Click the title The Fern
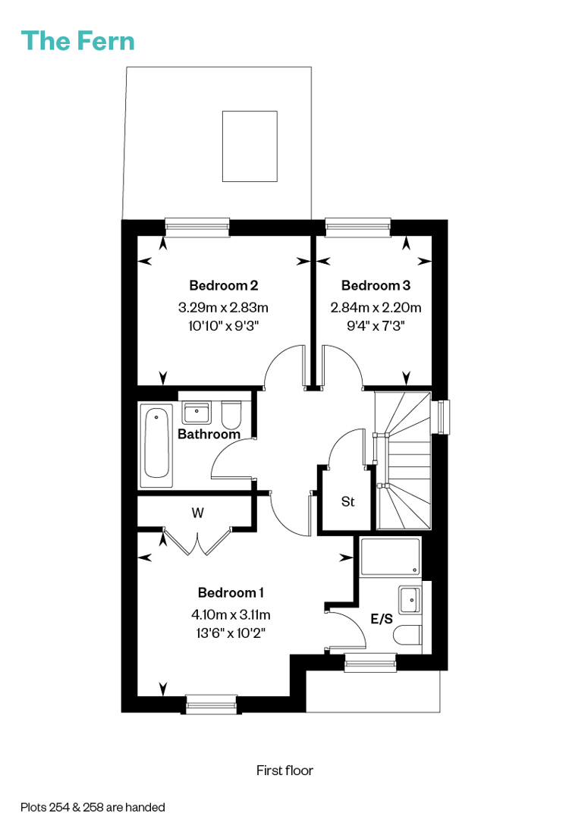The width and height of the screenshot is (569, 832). [x=77, y=41]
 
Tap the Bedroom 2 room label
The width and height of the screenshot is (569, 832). [x=224, y=285]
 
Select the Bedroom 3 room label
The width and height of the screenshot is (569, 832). [x=376, y=285]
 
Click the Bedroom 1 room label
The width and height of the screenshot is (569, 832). [x=231, y=592]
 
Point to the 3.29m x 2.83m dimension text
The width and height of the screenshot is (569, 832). [x=224, y=307]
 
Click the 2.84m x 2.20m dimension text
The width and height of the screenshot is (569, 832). [x=376, y=307]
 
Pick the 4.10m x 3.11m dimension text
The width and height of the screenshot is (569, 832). [x=231, y=614]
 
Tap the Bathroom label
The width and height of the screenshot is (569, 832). [x=209, y=434]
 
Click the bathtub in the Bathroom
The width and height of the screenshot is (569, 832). [x=156, y=444]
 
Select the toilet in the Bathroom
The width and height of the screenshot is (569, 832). [x=231, y=415]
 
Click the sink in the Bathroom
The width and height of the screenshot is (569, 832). [x=196, y=413]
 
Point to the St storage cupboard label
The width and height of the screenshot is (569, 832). [x=347, y=501]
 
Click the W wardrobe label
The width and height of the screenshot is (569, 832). [x=197, y=513]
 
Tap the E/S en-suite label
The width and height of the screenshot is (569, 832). [x=382, y=619]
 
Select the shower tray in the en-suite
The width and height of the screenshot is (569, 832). [x=390, y=557]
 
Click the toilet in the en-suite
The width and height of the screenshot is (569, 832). [x=409, y=635]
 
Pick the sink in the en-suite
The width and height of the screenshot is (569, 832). [x=410, y=600]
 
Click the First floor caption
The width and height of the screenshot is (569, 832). [x=284, y=771]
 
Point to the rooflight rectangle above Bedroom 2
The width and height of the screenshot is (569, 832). [x=250, y=146]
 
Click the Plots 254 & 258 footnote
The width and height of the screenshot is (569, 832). [x=93, y=807]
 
